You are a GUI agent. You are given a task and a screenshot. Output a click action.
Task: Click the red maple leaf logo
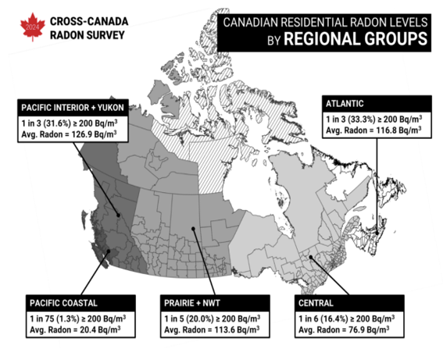(x=30, y=28)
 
